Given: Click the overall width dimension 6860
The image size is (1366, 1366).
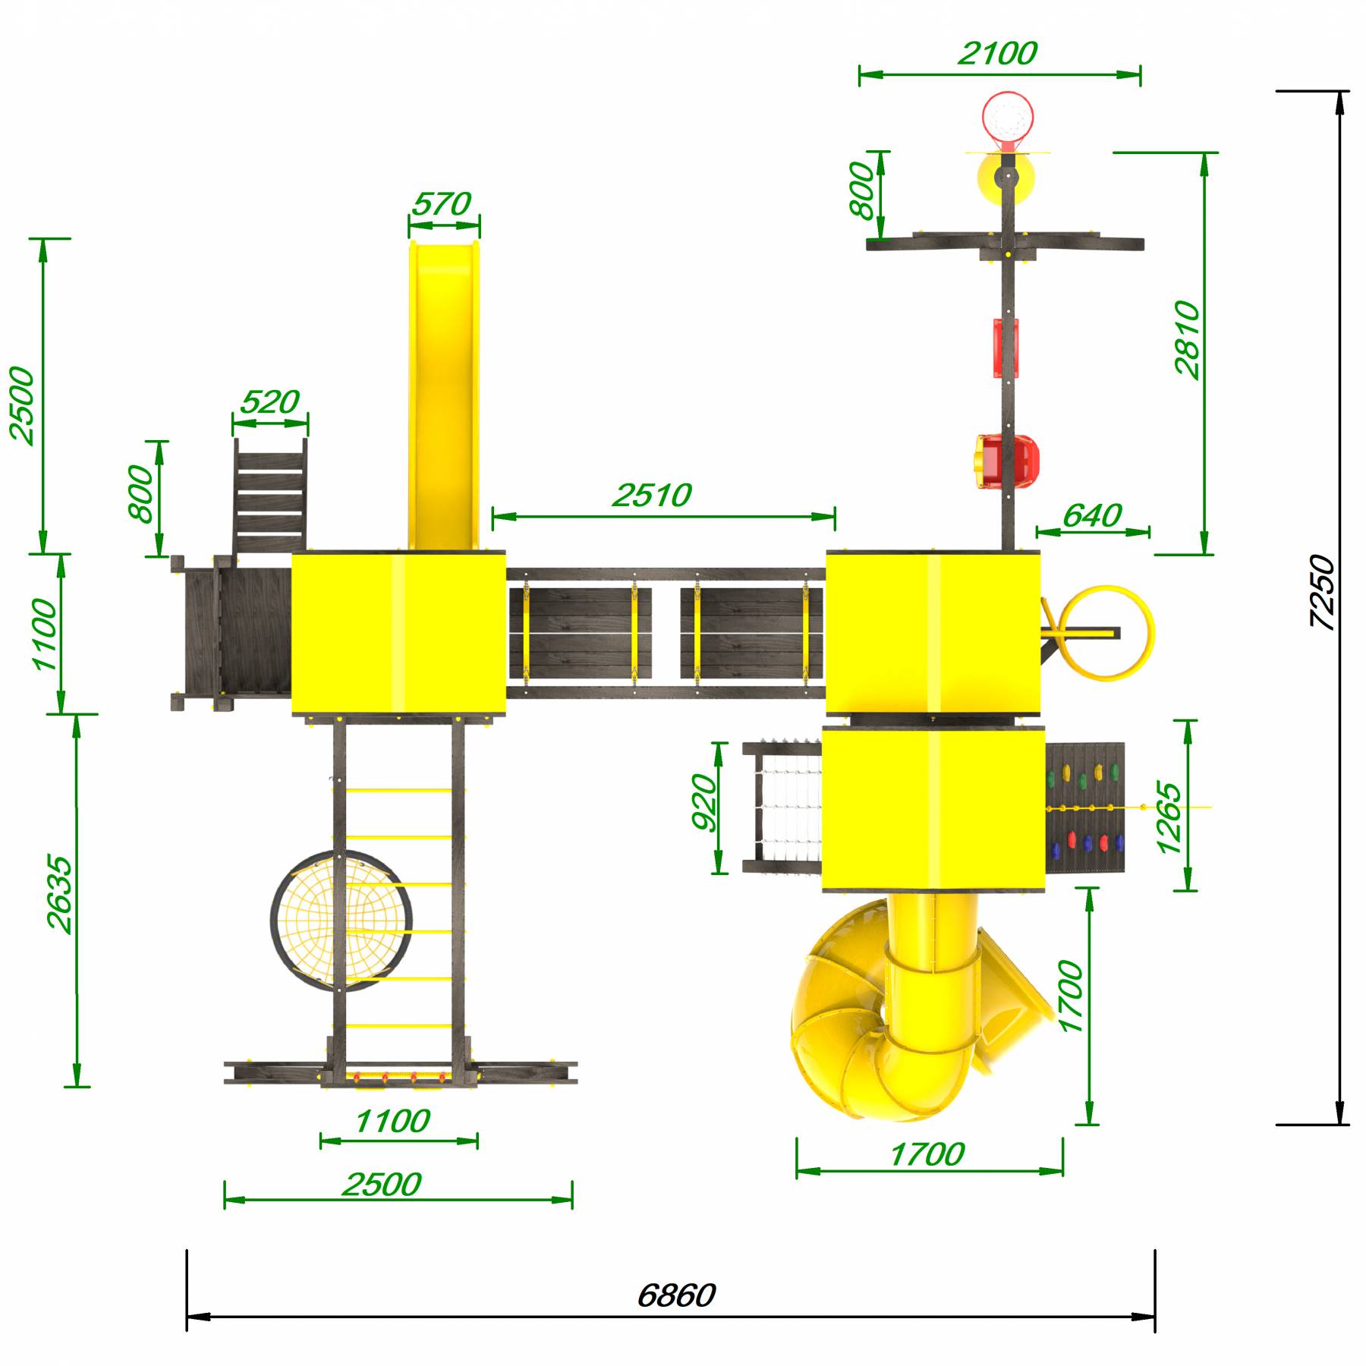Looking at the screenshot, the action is [675, 1295].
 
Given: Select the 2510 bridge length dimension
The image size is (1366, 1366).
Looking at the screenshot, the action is [652, 496].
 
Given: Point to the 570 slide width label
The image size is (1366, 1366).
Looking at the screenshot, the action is [442, 204].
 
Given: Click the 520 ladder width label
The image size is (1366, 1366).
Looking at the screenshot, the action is [269, 401].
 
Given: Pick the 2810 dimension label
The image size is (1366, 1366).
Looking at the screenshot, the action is [1187, 339].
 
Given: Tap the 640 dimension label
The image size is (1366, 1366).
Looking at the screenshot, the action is [1092, 516].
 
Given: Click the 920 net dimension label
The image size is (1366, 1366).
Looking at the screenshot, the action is [704, 803].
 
